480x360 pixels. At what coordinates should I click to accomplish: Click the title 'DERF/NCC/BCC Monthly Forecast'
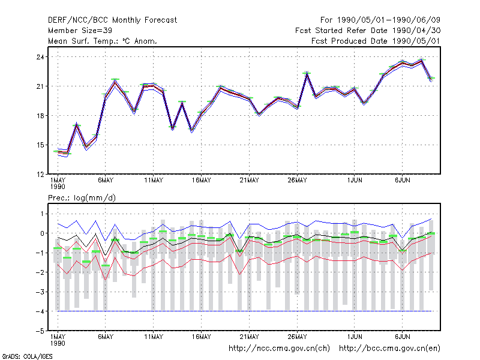pos(112,20)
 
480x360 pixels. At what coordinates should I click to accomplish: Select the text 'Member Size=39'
pos(80,31)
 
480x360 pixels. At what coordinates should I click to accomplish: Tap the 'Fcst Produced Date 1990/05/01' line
pos(376,41)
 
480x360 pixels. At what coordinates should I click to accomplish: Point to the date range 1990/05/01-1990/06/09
pos(389,20)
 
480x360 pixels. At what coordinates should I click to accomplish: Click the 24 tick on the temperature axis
pos(40,57)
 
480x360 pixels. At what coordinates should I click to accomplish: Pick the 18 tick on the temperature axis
pos(40,116)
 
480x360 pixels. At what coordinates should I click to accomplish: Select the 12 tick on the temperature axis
pos(40,175)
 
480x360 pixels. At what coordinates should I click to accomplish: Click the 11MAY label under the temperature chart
pos(154,181)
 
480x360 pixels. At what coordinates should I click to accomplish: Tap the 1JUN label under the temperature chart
pos(355,181)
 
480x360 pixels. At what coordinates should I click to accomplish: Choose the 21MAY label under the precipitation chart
pos(249,337)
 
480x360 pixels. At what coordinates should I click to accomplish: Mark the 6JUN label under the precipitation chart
pos(402,337)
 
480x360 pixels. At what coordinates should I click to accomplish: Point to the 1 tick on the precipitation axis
pos(42,214)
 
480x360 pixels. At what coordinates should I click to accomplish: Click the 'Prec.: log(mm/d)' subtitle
pos(82,198)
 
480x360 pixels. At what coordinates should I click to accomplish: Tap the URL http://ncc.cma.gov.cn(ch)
pos(279,349)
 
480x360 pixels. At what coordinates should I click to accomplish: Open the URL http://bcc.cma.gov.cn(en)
pos(389,349)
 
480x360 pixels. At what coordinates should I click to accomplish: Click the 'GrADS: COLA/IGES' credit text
pos(27,356)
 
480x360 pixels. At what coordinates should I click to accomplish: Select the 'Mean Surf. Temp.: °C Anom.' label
pos(103,41)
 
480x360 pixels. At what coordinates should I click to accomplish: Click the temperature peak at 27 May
pos(307,73)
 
